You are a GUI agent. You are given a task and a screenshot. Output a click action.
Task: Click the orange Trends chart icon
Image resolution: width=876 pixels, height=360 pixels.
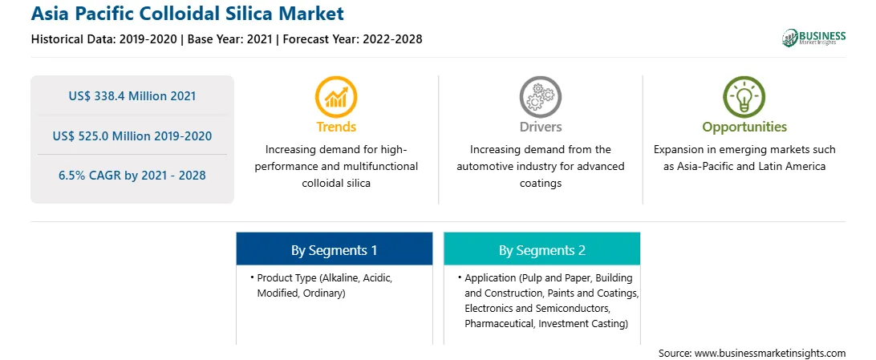click(x=336, y=97)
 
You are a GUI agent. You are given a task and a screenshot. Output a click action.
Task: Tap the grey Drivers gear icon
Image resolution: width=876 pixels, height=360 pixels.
click(x=540, y=97)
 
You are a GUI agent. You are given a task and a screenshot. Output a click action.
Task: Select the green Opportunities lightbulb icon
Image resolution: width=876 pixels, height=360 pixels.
click(x=744, y=97)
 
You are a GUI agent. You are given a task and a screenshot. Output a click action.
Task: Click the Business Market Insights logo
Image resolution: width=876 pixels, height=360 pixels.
click(x=813, y=38)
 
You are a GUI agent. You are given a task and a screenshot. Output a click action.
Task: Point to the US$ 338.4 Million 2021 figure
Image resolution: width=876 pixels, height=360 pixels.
click(x=132, y=96)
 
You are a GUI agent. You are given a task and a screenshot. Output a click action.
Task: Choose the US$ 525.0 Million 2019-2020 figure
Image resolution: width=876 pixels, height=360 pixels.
click(x=132, y=136)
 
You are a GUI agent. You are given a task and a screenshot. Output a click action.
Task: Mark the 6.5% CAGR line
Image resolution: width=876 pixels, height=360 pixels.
click(x=132, y=176)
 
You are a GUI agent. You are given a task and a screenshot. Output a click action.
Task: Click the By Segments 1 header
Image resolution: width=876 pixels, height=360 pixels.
click(x=334, y=251)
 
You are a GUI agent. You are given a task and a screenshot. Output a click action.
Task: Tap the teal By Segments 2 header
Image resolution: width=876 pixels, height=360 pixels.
click(x=542, y=251)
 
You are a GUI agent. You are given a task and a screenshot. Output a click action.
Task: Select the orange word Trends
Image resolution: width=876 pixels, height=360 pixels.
click(x=336, y=127)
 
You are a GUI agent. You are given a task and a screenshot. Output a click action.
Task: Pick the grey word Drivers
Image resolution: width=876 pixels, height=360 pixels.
click(x=540, y=127)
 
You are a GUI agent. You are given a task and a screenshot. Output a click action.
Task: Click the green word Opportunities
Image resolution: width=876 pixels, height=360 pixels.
click(x=744, y=127)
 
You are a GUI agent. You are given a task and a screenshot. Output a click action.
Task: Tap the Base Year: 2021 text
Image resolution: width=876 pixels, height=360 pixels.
click(x=229, y=39)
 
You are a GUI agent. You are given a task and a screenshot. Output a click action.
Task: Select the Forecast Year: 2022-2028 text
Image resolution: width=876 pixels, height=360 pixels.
click(x=351, y=39)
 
